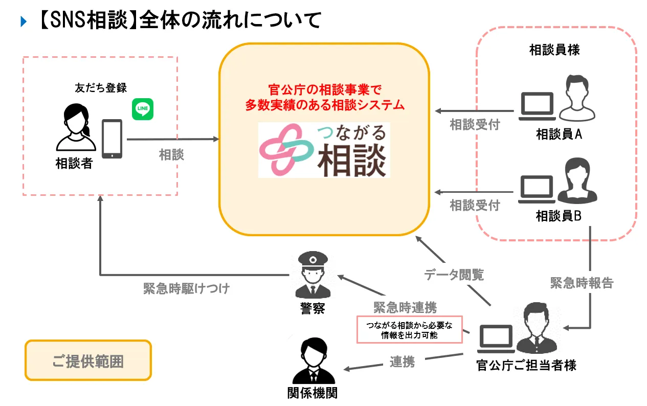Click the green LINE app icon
click(x=143, y=109)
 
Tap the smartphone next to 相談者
click(x=112, y=139)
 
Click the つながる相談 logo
click(x=324, y=150)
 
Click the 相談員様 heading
click(x=554, y=50)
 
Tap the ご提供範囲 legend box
click(x=88, y=360)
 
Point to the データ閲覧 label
click(x=454, y=275)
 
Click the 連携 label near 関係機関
click(x=402, y=362)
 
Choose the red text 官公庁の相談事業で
click(x=324, y=90)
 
